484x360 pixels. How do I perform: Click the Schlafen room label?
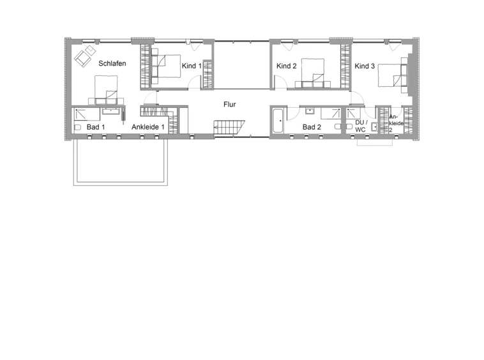(x=112, y=64)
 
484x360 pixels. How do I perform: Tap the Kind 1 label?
(x=192, y=66)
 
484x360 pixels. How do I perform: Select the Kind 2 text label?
(x=287, y=66)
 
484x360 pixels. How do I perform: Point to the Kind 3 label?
(x=365, y=66)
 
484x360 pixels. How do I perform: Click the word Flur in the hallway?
(x=230, y=105)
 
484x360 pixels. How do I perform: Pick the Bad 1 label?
(x=96, y=127)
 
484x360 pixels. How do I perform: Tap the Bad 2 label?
(x=312, y=127)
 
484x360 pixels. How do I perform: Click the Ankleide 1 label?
(x=148, y=127)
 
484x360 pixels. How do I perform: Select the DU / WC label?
(x=361, y=126)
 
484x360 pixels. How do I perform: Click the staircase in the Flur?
(x=229, y=128)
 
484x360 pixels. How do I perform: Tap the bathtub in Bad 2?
(x=278, y=121)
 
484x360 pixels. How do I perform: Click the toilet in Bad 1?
(x=77, y=127)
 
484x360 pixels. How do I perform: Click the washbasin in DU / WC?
(x=374, y=127)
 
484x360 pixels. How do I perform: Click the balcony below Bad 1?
(x=121, y=162)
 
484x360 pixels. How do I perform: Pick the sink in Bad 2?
(x=309, y=111)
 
